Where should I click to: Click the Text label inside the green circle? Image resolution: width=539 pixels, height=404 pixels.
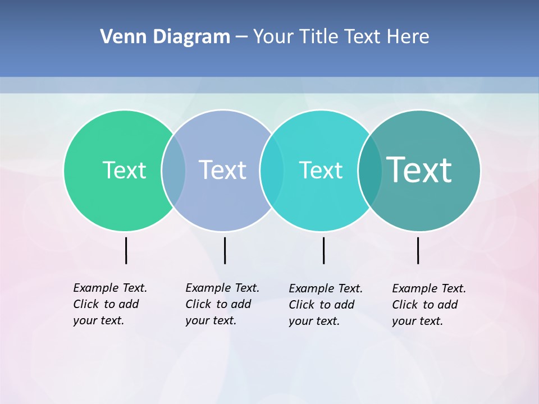coord(124,170)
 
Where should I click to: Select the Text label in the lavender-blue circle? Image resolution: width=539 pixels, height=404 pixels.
coord(223,170)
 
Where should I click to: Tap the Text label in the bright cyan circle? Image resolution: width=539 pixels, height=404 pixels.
coord(321,170)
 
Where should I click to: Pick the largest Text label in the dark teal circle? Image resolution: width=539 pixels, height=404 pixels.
coord(419,170)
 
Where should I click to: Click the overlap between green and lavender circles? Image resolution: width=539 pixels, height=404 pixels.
coord(173,171)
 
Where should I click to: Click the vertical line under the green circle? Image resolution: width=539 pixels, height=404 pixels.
coord(126,250)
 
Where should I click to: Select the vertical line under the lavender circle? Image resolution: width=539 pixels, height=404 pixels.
coord(225,250)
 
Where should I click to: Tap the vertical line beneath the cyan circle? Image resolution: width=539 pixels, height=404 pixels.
coord(323,250)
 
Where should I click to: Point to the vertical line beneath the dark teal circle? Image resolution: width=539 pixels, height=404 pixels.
coord(418,250)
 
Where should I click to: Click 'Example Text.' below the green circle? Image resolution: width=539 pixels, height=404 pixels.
coord(110,288)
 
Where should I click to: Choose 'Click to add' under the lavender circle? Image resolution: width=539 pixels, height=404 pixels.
coord(218,304)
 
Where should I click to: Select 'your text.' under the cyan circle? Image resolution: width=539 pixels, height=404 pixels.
coord(314,321)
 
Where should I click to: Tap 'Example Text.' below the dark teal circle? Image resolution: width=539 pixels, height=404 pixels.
coord(429,288)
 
